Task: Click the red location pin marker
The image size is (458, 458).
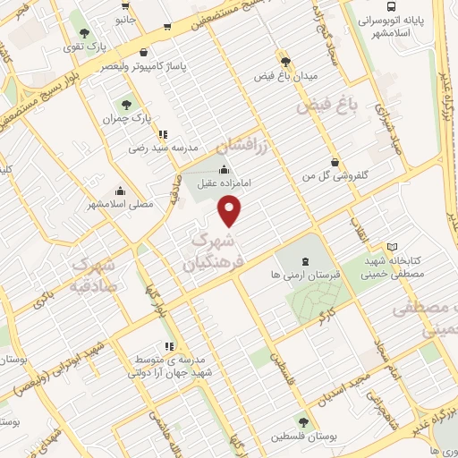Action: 231,211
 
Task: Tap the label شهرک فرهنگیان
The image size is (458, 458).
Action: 213,252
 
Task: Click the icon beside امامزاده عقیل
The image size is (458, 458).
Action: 224,171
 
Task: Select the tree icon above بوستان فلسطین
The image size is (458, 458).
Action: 305,422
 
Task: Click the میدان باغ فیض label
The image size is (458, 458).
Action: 285,75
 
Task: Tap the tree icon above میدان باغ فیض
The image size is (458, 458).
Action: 285,61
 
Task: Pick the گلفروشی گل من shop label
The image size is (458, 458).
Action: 334,177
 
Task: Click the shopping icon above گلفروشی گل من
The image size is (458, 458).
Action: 334,163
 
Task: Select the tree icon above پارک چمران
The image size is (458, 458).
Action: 124,103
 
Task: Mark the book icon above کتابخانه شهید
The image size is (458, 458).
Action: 390,246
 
